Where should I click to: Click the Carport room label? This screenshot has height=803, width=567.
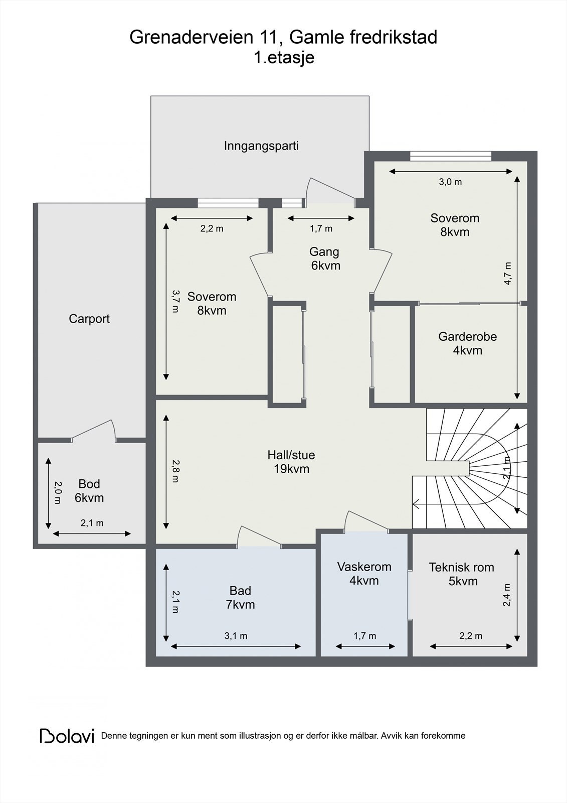[89, 319]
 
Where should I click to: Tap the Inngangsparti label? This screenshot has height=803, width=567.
[261, 146]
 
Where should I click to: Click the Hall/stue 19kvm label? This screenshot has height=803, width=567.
[291, 462]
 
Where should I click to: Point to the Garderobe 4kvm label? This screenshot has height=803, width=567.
[467, 343]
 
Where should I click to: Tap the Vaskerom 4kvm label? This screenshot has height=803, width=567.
[364, 573]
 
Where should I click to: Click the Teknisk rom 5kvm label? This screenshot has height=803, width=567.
[462, 574]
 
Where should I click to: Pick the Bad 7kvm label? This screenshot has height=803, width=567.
[240, 597]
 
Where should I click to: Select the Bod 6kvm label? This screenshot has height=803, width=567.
[89, 491]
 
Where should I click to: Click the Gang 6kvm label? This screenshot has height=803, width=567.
[325, 258]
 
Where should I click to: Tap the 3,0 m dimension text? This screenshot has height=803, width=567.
[450, 182]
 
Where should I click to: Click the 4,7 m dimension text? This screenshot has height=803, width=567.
[507, 274]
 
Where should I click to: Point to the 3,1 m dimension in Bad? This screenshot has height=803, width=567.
[236, 636]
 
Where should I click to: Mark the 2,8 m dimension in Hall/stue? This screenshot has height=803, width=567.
[175, 471]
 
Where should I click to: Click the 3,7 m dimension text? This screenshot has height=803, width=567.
[175, 302]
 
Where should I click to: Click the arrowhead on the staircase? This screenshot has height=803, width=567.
[416, 504]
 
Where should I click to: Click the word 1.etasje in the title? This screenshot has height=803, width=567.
[284, 58]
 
